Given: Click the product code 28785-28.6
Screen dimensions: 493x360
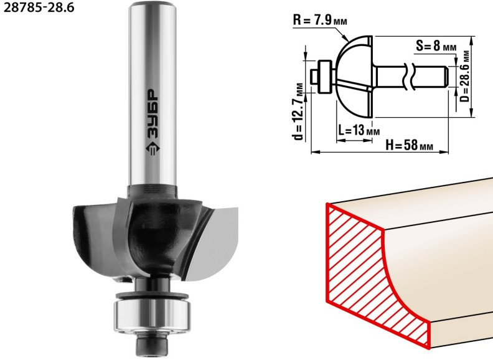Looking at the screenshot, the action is pos(39,7).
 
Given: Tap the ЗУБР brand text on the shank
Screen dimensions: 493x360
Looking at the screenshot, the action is pos(153,114).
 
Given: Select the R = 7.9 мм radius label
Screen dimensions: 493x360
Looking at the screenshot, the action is pos(320,21).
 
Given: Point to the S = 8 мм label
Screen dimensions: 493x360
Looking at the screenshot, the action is pos(436,47).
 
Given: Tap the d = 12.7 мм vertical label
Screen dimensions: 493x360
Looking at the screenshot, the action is pos(299,111).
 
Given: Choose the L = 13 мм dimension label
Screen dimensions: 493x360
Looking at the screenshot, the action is pos(359,130).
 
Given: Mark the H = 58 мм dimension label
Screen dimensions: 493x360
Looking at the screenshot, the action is pos(409,145).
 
